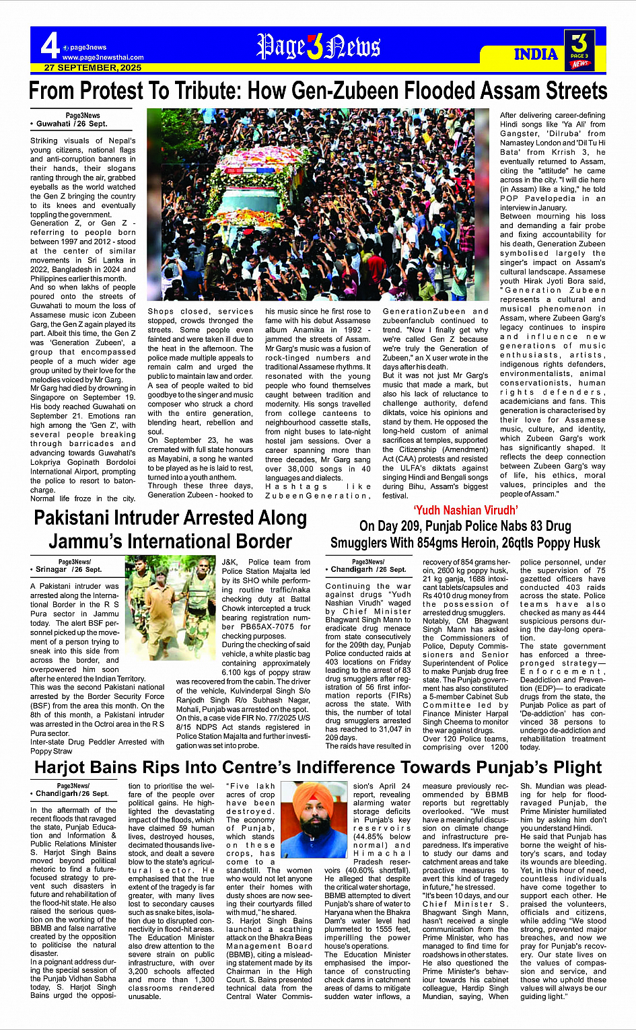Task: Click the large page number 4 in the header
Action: (x=49, y=46)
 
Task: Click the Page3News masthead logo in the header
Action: (x=318, y=46)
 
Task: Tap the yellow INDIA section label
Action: (x=536, y=54)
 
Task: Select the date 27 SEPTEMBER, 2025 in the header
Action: (x=93, y=68)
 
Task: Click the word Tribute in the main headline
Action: (x=211, y=91)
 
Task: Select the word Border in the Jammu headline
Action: (x=257, y=541)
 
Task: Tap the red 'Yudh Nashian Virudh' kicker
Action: (x=465, y=511)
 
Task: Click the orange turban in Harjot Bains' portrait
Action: (x=310, y=795)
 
